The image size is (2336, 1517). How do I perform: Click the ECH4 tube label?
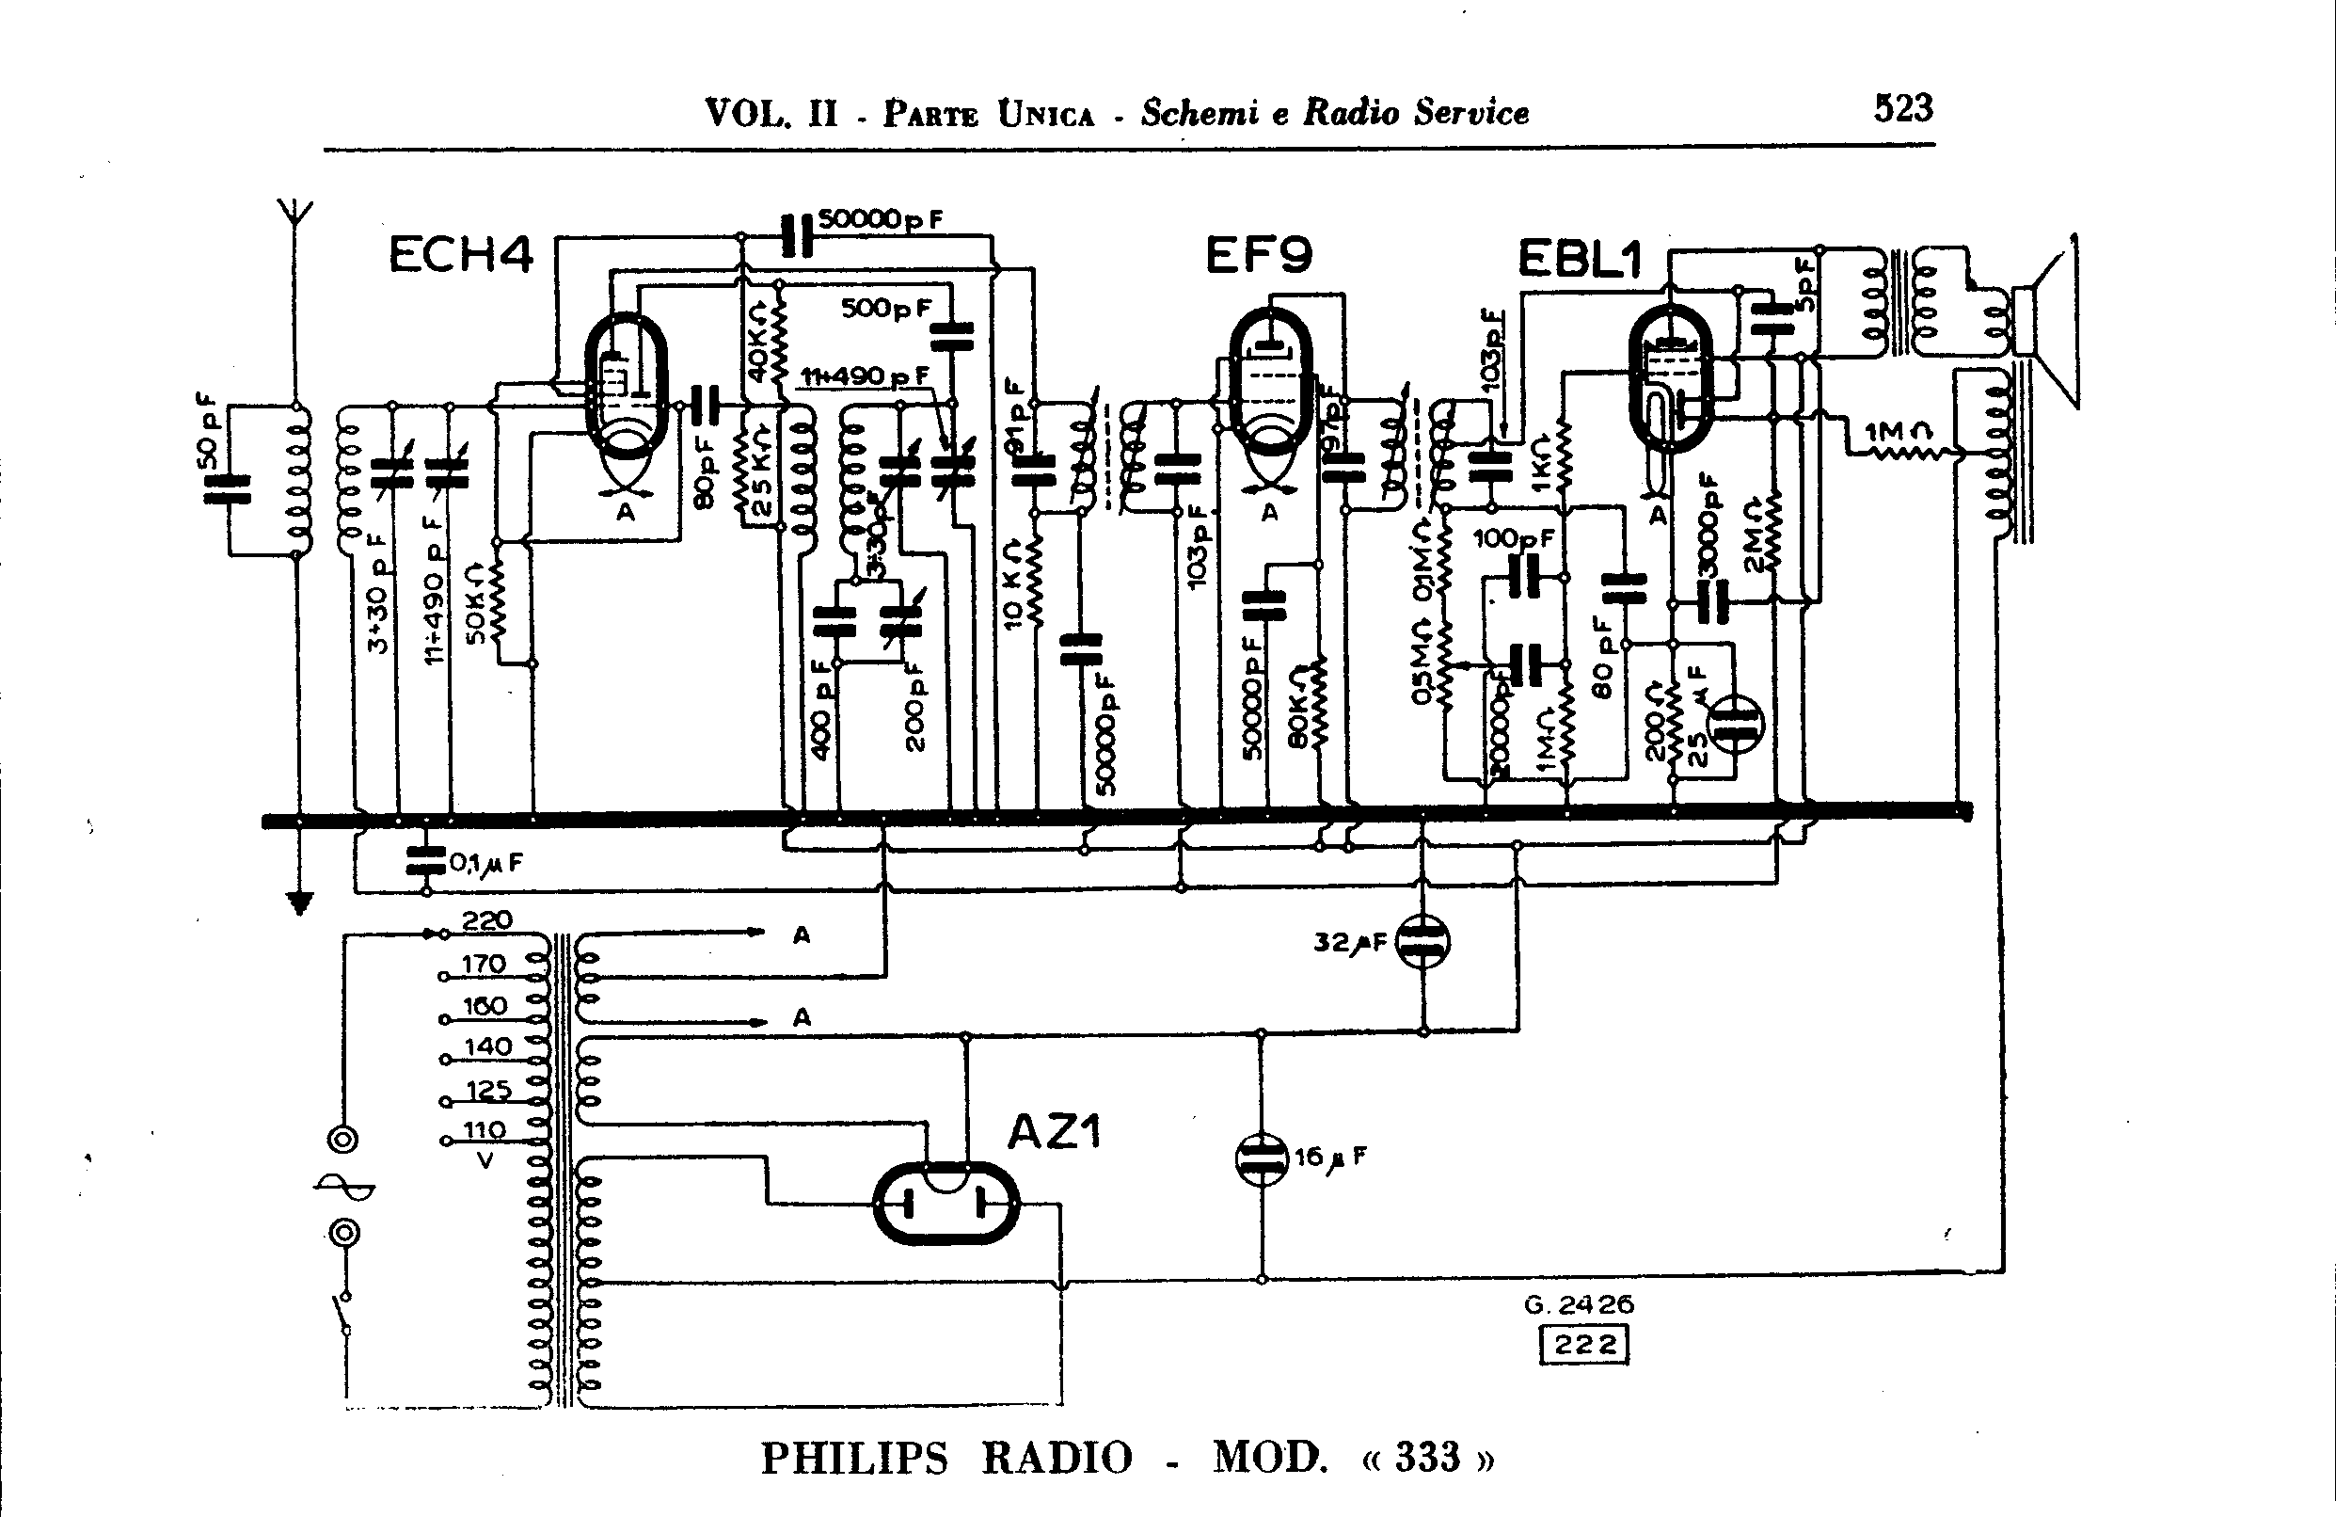point(460,255)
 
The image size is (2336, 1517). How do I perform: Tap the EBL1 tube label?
point(1580,260)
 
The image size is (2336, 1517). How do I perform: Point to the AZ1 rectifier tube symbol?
point(946,1203)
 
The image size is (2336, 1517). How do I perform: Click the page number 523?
point(1902,108)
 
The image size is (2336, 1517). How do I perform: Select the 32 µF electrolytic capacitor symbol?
point(1422,942)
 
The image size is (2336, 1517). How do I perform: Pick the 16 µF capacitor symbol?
point(1262,1159)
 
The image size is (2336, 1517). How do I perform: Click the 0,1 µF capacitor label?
point(485,863)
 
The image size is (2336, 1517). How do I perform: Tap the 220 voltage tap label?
point(486,920)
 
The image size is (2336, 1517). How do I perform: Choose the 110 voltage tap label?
point(484,1130)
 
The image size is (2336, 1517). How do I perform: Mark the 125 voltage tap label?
point(488,1089)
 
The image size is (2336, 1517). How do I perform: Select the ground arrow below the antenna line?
point(299,902)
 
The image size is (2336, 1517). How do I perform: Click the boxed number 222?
point(1584,1344)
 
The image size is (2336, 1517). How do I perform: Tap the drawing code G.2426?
point(1579,1305)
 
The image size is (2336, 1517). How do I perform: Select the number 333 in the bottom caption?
point(1428,1457)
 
